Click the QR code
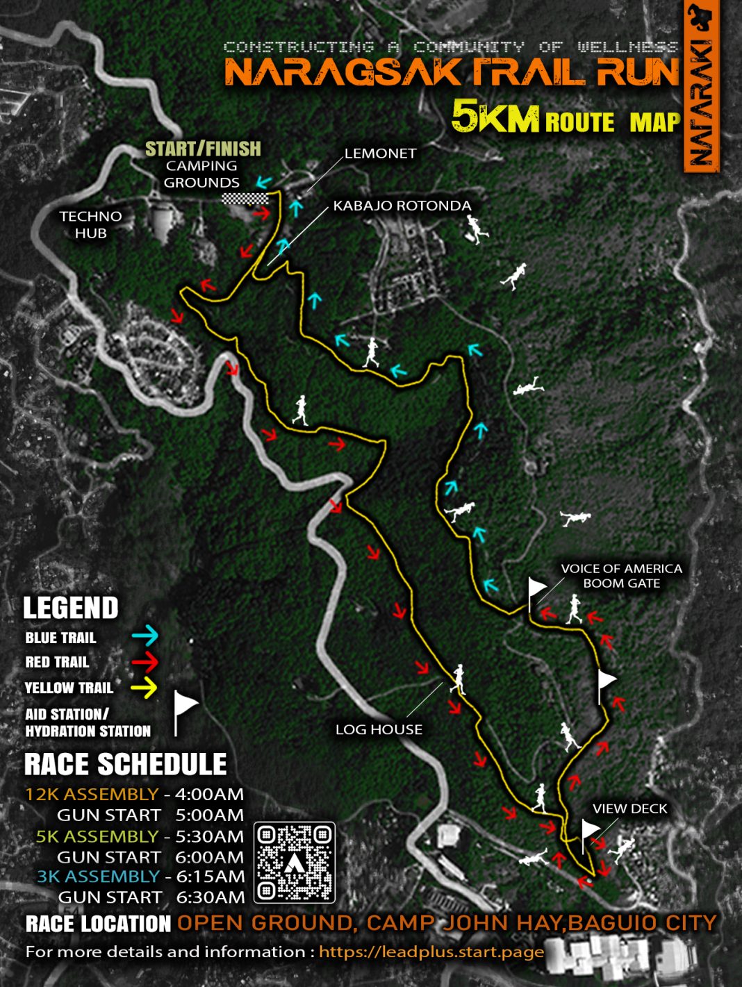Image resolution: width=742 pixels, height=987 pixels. point(295,863)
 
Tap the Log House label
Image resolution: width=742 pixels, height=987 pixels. point(379,729)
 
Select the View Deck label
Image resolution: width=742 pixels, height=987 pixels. point(629,808)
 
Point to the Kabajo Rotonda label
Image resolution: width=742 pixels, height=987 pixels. point(402,206)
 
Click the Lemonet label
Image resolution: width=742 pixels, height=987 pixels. point(380,154)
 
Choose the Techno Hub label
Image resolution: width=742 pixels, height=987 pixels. point(90,224)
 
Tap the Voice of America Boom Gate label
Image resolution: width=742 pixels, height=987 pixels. point(621,576)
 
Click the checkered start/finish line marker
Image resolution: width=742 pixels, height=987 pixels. point(245,199)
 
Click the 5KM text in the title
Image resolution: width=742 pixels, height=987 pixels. point(495,116)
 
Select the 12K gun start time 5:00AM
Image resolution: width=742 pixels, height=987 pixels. point(209,815)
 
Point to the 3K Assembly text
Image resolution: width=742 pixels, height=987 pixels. point(98,877)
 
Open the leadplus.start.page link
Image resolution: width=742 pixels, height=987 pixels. point(431,952)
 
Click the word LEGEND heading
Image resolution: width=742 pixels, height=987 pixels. point(71,608)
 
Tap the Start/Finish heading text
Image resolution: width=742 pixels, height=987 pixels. point(203,149)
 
